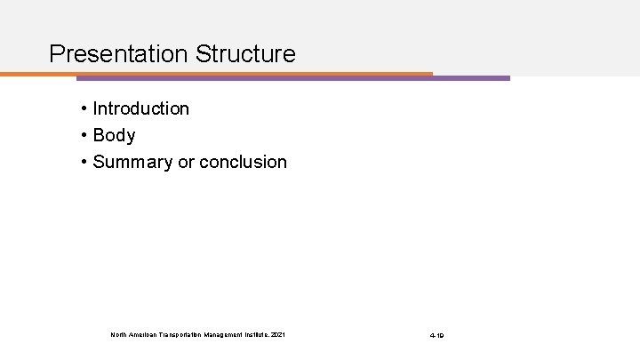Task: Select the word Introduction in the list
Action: click(140, 108)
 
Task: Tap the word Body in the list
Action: click(114, 135)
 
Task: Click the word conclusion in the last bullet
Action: click(244, 162)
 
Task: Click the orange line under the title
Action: click(222, 74)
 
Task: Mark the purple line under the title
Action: click(471, 78)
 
